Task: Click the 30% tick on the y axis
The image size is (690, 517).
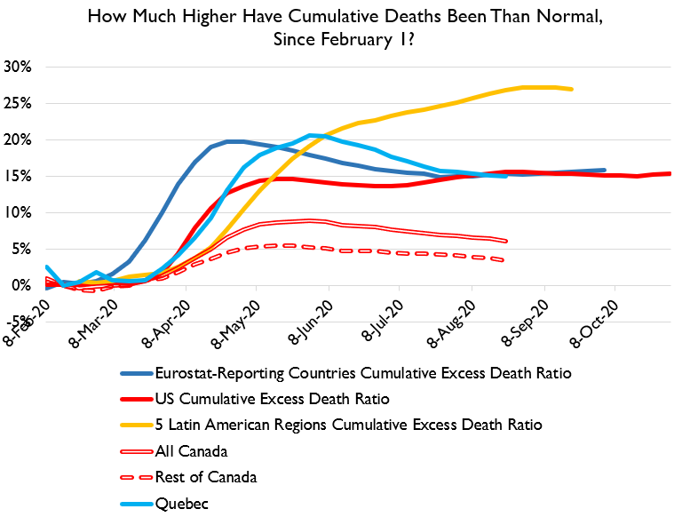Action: click(18, 67)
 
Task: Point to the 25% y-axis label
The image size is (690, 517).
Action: click(18, 103)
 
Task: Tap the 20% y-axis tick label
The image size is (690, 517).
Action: click(18, 139)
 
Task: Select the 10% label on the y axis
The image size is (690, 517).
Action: click(18, 212)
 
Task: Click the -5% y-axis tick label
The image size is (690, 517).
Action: click(18, 322)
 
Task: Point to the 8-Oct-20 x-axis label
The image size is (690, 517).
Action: click(602, 321)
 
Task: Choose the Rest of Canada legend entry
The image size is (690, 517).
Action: click(205, 477)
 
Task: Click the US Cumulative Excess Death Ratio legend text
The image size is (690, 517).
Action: click(272, 399)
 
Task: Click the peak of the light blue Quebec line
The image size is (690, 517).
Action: click(309, 136)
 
